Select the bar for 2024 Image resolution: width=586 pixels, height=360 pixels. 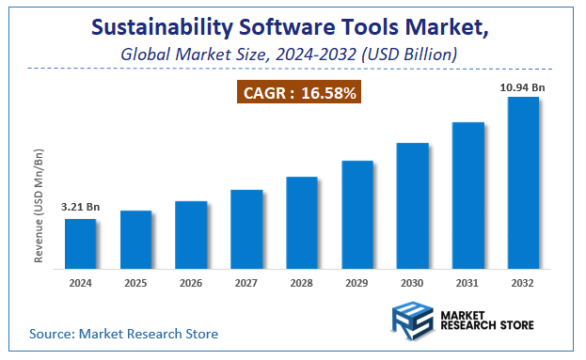tap(80, 243)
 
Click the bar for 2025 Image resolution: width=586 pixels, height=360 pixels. tap(135, 239)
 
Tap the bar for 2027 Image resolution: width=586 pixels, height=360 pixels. tap(246, 228)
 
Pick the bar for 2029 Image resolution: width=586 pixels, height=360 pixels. tap(357, 213)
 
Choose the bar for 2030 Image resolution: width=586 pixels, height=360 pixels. tap(413, 205)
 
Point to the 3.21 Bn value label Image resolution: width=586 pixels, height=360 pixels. tap(80, 207)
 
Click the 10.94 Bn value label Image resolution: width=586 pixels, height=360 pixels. tap(523, 86)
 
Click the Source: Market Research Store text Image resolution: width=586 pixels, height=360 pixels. tap(123, 334)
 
